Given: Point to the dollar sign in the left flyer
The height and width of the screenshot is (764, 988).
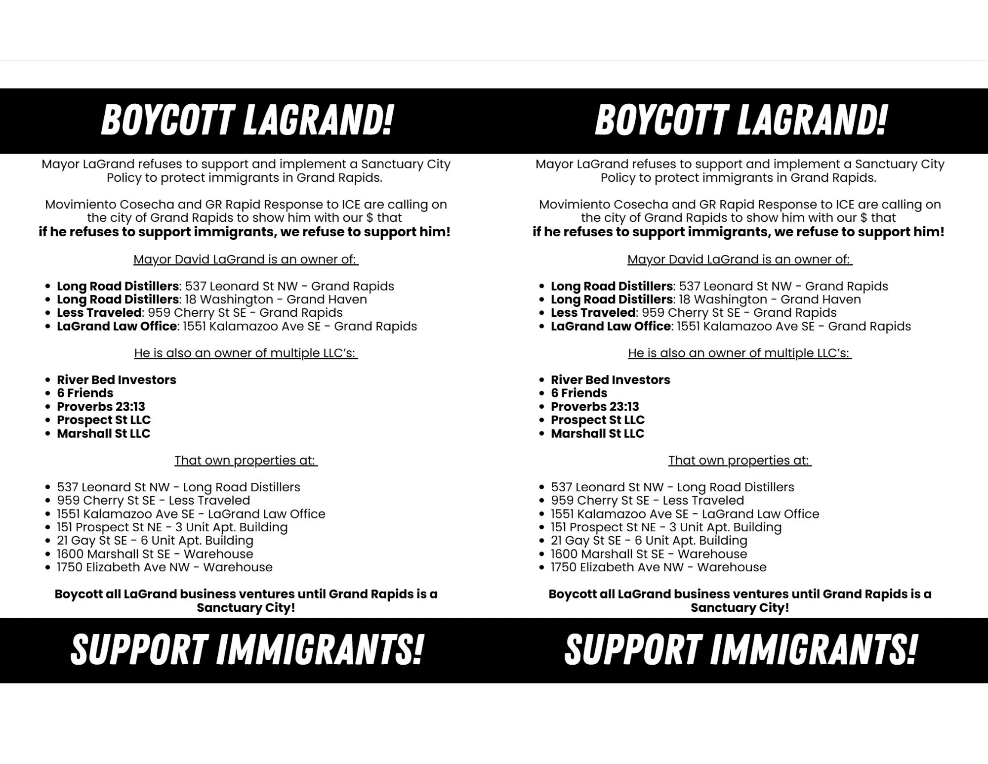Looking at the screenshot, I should click(370, 218).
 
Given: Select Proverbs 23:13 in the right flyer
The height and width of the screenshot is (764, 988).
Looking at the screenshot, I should click(595, 407).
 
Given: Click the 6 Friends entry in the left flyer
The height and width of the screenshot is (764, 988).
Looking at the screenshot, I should click(85, 393).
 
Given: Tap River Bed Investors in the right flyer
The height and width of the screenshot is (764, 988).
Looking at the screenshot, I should click(611, 380).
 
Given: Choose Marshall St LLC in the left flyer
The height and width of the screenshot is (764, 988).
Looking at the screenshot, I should click(103, 433).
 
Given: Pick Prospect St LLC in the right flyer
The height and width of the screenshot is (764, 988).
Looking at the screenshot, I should click(598, 420).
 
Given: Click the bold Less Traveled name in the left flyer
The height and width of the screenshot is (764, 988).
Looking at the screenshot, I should click(99, 313).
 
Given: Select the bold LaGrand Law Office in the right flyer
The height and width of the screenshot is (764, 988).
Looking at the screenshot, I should click(611, 326).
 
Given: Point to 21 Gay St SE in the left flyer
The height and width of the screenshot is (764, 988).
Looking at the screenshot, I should click(92, 541).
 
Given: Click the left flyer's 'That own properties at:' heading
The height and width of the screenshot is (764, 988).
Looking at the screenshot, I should click(246, 461).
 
